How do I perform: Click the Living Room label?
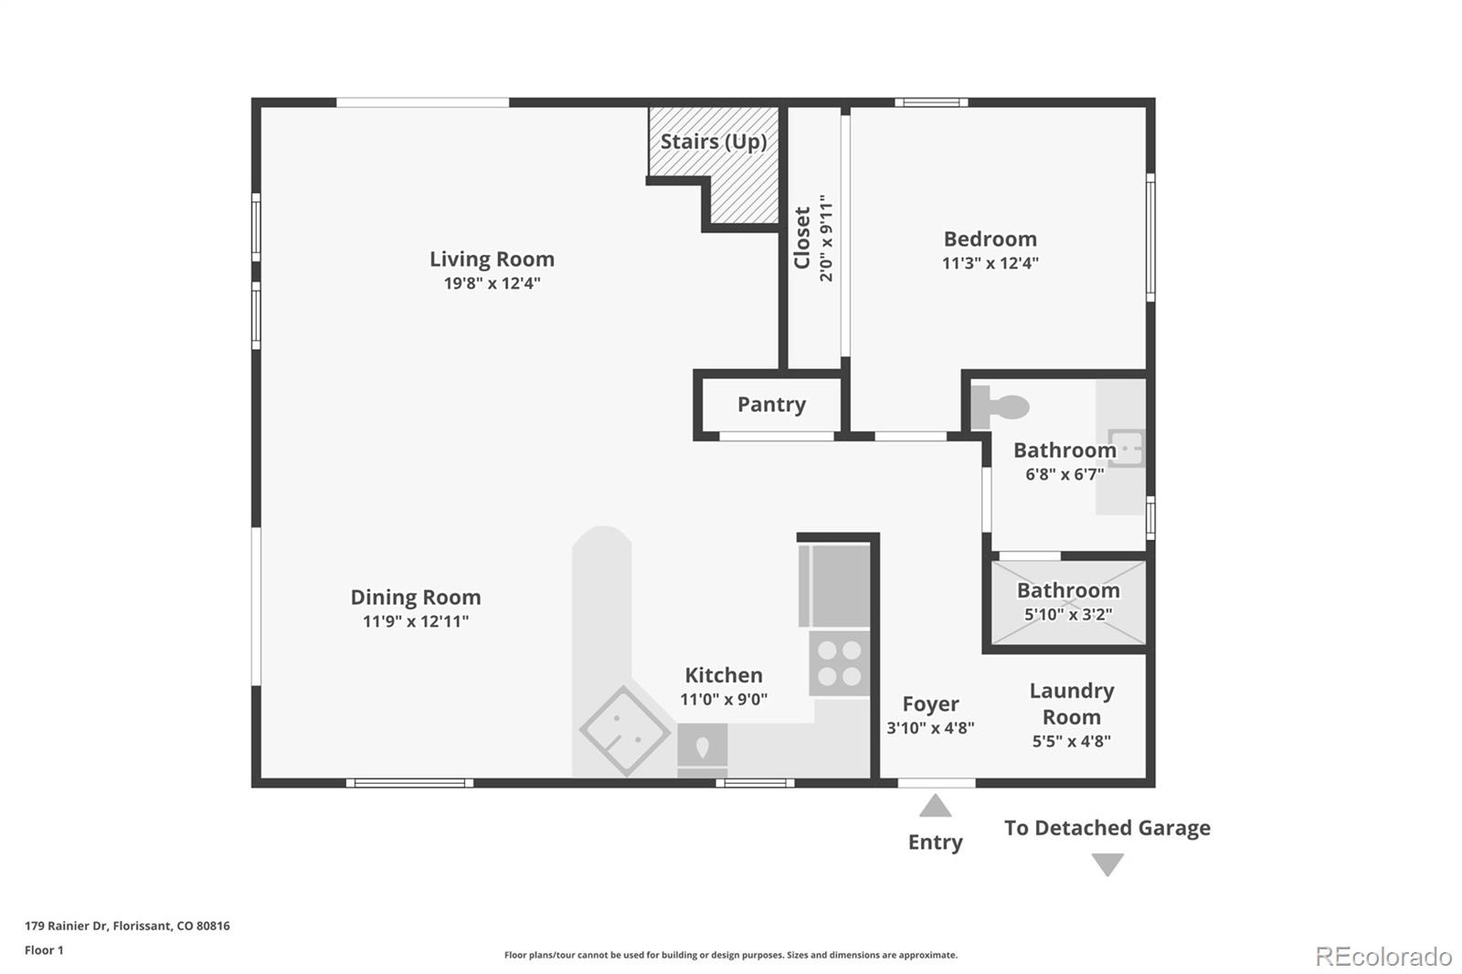point(492,259)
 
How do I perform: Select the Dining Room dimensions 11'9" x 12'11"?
point(416,621)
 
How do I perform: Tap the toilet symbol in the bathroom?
point(1000,407)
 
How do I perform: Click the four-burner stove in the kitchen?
point(839,663)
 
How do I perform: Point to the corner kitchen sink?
point(625,730)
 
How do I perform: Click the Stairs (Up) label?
point(714,142)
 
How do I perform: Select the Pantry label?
point(771,405)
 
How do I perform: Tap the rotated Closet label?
point(802,238)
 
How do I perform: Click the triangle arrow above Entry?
point(935,806)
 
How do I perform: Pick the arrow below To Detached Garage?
point(1107,863)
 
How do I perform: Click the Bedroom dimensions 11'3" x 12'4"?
point(990,263)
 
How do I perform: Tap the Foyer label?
point(930,704)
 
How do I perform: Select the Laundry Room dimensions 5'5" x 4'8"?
point(1071,741)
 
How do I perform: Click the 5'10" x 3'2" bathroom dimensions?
point(1067,614)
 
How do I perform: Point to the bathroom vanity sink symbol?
point(1126,448)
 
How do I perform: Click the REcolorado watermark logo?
point(1383,957)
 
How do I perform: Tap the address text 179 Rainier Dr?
point(127,926)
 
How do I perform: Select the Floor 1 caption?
point(44,950)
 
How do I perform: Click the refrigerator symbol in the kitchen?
point(833,586)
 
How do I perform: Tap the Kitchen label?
point(723,675)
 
